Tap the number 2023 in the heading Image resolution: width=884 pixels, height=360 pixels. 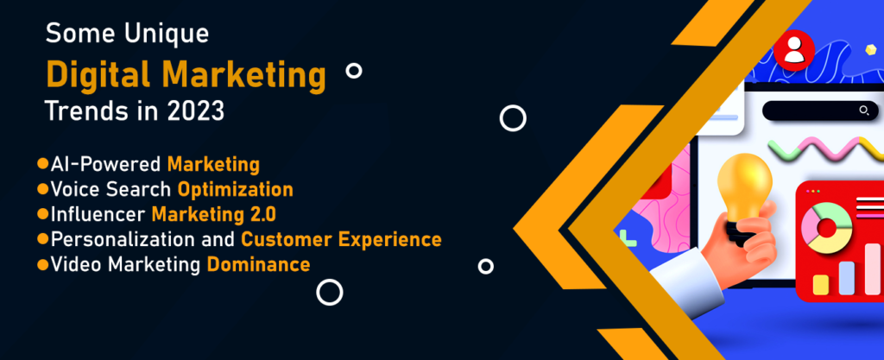click(x=195, y=111)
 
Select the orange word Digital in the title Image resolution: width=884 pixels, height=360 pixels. click(x=95, y=74)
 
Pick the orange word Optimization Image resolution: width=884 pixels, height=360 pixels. click(x=235, y=190)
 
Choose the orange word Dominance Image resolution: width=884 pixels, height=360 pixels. click(x=258, y=264)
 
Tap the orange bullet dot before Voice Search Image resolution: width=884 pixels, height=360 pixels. click(x=43, y=189)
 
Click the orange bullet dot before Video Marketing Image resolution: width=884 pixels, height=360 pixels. click(x=43, y=263)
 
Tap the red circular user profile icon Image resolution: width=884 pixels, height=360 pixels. click(x=794, y=50)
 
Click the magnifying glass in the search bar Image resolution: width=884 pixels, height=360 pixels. click(x=863, y=111)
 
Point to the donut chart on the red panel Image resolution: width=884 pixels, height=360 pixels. click(x=826, y=228)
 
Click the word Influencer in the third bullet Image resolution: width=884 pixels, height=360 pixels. click(x=98, y=215)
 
